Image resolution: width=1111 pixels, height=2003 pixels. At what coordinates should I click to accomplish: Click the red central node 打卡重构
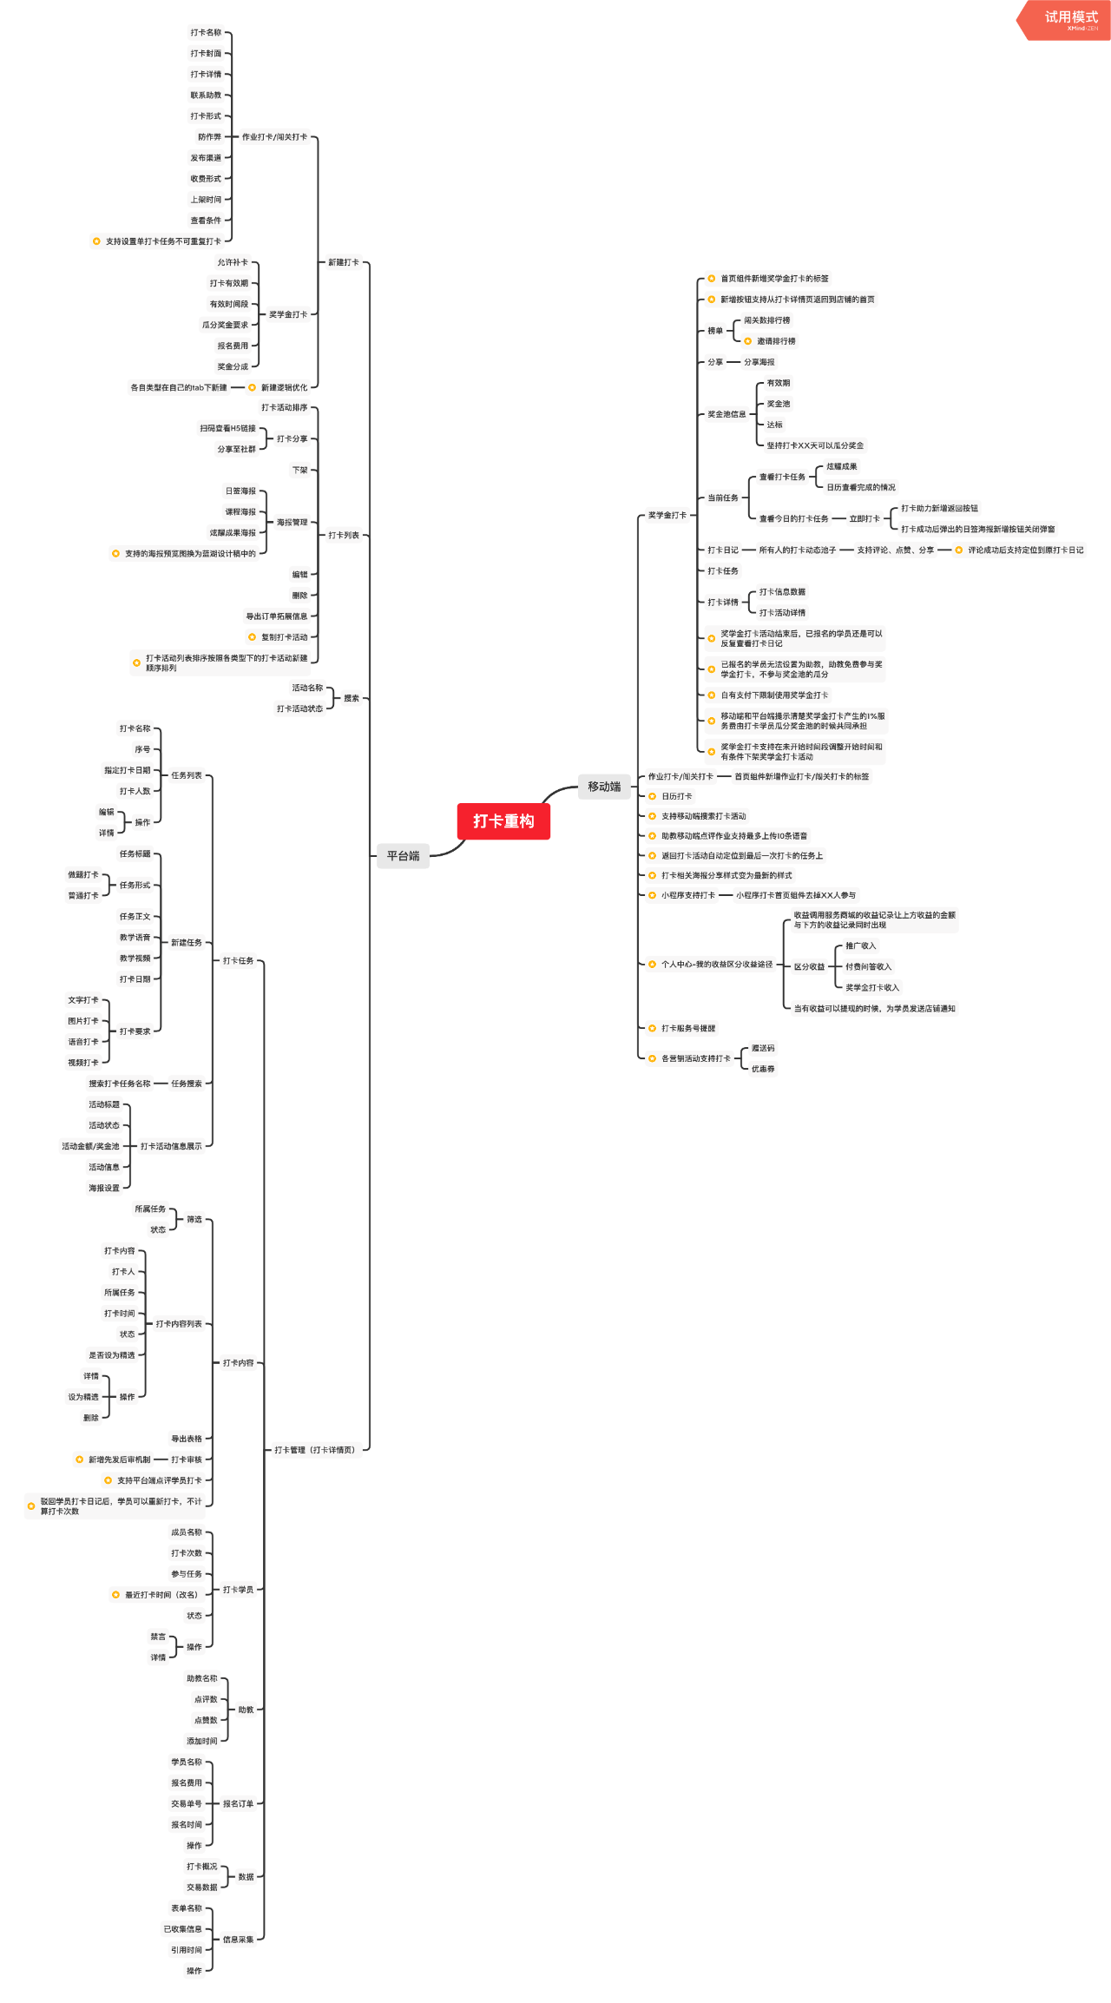pyautogui.click(x=503, y=821)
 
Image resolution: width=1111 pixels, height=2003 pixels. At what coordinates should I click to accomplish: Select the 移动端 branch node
pyautogui.click(x=604, y=787)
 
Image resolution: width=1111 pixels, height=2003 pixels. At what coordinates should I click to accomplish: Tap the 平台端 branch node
pyautogui.click(x=403, y=856)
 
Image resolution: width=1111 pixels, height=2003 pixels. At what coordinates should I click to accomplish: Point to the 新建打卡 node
pyautogui.click(x=344, y=262)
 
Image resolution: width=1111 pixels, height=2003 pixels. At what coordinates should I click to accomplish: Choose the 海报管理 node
pyautogui.click(x=292, y=523)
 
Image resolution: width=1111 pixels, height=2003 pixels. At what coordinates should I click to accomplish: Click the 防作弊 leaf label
pyautogui.click(x=209, y=137)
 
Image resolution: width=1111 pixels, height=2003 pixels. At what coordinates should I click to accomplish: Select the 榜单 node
pyautogui.click(x=715, y=331)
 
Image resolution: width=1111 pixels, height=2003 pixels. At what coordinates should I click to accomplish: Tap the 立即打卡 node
pyautogui.click(x=864, y=519)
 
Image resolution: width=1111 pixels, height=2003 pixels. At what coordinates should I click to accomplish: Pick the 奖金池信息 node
pyautogui.click(x=726, y=414)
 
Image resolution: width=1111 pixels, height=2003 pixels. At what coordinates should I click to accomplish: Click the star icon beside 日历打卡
pyautogui.click(x=653, y=796)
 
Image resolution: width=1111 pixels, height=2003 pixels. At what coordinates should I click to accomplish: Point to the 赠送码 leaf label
pyautogui.click(x=763, y=1049)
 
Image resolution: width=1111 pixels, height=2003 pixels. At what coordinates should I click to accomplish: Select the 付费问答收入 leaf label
pyautogui.click(x=868, y=967)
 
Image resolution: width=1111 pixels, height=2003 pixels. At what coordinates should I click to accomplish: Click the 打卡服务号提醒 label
pyautogui.click(x=688, y=1029)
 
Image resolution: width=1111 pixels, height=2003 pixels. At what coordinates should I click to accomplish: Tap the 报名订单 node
pyautogui.click(x=238, y=1804)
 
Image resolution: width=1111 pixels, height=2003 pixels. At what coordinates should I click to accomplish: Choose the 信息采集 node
pyautogui.click(x=238, y=1940)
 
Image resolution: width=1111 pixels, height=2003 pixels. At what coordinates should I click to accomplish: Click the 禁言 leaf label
pyautogui.click(x=158, y=1637)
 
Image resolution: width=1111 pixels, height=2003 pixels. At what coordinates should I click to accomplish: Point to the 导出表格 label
pyautogui.click(x=187, y=1439)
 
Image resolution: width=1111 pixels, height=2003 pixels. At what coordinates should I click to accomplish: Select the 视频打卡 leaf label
pyautogui.click(x=83, y=1063)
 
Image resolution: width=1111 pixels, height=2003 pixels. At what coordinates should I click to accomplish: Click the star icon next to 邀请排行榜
pyautogui.click(x=748, y=341)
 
